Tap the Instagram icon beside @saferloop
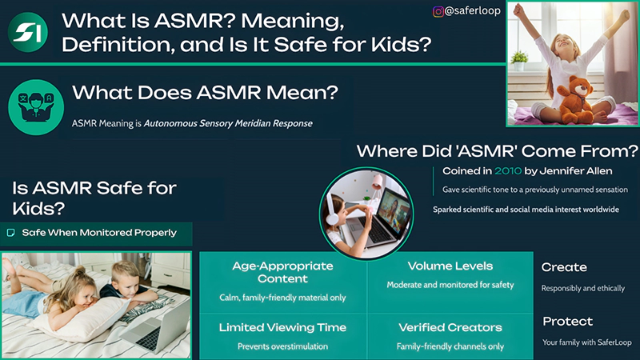438,11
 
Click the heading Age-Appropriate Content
282,272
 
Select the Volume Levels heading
450,266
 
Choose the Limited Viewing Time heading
282,327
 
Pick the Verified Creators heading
450,327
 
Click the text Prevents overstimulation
282,346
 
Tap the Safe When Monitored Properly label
98,233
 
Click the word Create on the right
564,267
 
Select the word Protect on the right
567,322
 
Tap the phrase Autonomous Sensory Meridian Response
228,123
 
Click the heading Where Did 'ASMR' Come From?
496,151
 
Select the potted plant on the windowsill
519,59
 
